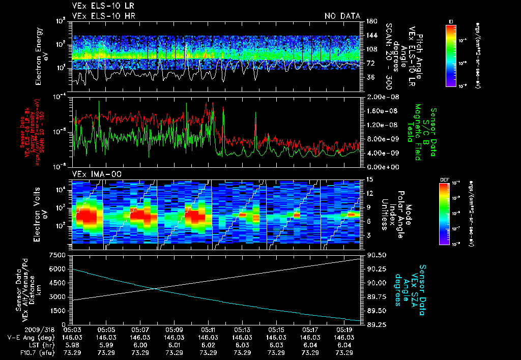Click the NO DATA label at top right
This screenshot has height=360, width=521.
[342, 16]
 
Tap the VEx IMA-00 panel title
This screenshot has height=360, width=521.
[93, 174]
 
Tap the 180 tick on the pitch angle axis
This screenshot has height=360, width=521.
[370, 21]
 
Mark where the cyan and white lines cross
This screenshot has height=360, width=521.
[155, 289]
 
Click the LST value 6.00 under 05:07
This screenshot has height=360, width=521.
[139, 345]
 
